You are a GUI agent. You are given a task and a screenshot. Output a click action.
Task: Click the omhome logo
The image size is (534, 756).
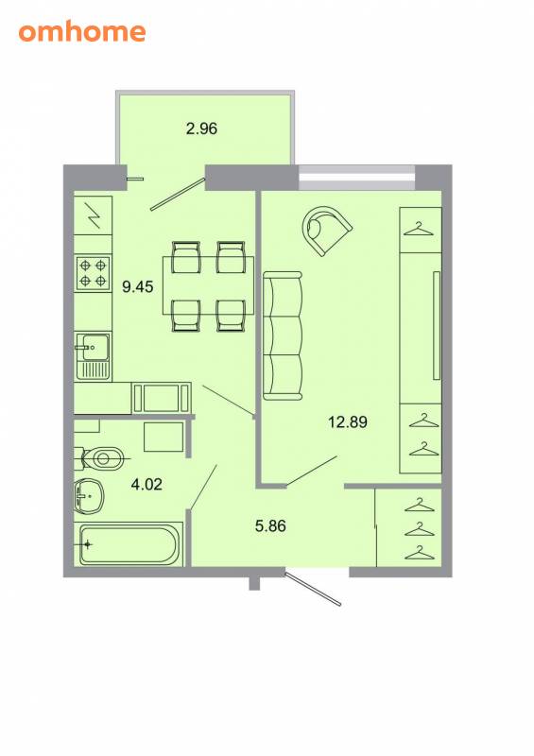82,32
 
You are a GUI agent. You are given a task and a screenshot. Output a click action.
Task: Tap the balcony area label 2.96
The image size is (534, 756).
201,129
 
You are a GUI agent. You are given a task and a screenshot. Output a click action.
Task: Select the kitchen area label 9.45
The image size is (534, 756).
137,287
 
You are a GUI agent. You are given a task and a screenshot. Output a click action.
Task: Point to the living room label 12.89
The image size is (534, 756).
348,421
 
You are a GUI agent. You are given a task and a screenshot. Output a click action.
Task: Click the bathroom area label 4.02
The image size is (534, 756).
146,484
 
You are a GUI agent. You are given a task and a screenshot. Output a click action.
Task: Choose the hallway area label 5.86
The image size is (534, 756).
270,525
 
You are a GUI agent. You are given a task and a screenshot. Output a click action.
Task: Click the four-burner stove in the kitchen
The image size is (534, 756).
93,272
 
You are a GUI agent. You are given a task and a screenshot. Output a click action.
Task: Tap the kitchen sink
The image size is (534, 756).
93,355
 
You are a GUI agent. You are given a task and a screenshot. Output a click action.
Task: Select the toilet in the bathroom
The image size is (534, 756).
100,458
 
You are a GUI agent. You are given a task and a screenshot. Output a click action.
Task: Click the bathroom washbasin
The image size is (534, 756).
89,495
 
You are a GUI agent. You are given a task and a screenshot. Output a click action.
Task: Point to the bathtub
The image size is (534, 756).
130,544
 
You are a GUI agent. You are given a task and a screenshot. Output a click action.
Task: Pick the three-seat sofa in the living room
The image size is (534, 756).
283,335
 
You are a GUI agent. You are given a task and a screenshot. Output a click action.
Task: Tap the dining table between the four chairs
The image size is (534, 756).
208,285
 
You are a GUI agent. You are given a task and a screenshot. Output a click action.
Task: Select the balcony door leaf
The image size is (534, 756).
178,195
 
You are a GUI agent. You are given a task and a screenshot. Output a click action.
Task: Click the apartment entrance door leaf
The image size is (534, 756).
313,588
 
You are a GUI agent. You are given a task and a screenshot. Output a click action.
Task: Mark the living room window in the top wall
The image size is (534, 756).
356,178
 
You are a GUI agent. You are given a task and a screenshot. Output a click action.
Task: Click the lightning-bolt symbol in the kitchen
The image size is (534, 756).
94,215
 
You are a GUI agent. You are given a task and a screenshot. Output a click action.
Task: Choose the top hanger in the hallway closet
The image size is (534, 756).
419,505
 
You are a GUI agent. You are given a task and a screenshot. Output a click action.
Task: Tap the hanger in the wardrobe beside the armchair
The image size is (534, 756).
419,228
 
